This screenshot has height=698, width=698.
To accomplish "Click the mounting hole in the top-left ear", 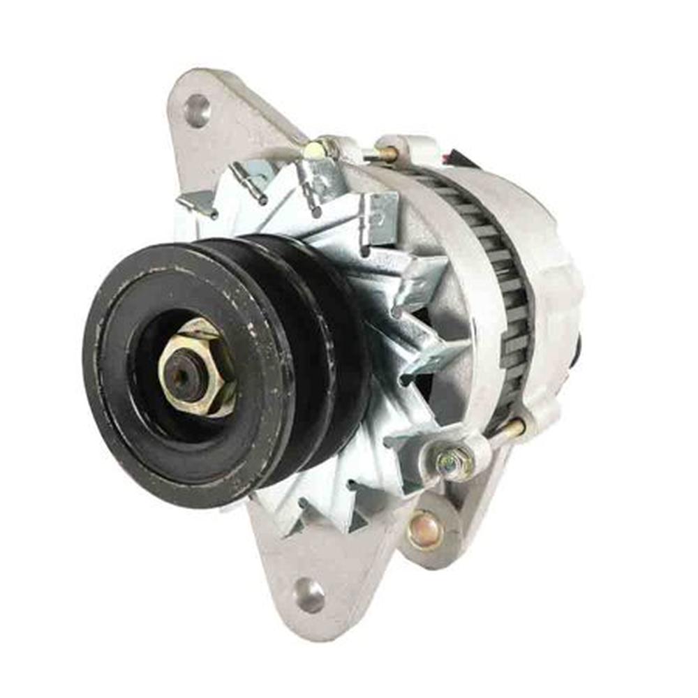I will [x=197, y=110].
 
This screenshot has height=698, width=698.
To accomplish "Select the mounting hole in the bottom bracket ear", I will [x=309, y=595].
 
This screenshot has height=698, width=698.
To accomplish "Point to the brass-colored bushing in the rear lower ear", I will [x=425, y=530].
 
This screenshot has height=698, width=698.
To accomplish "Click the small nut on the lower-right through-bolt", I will [x=447, y=461].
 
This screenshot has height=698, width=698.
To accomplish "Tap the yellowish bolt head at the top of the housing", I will [x=315, y=149].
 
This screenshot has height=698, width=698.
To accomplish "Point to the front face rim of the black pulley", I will [x=112, y=419].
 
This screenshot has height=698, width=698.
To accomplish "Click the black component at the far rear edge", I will [x=579, y=346].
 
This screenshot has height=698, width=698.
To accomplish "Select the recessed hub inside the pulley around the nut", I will [x=150, y=391].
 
